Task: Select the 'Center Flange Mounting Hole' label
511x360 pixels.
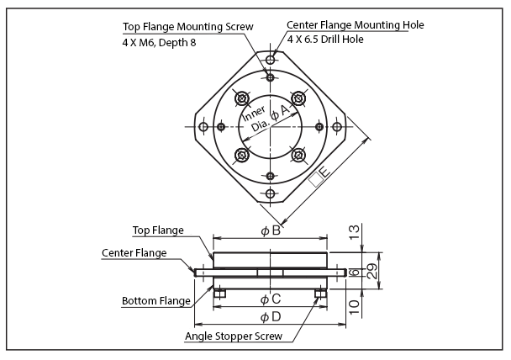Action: (x=355, y=25)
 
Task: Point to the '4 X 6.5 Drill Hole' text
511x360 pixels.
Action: (x=325, y=40)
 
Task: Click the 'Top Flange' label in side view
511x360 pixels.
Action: (x=159, y=230)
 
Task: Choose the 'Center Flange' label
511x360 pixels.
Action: (x=134, y=252)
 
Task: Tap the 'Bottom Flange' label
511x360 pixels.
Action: (x=155, y=300)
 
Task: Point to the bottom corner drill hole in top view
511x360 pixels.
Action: (x=270, y=194)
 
